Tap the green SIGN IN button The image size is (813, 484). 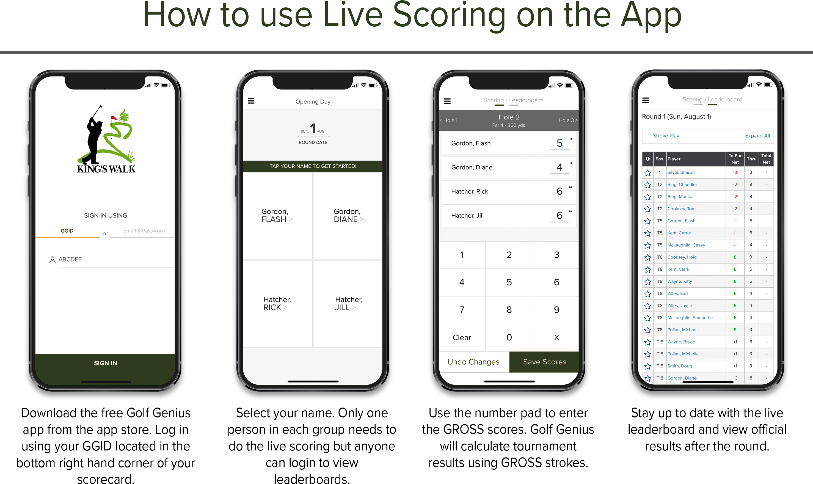point(105,363)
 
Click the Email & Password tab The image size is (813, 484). point(144,230)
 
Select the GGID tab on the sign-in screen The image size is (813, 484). point(67,230)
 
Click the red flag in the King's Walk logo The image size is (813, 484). point(114,118)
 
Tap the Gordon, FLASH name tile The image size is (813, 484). point(278,216)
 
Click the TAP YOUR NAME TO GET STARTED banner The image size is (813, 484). point(313,166)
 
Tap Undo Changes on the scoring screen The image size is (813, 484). point(473,362)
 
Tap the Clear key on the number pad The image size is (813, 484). point(462,337)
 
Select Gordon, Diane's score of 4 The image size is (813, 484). point(560,167)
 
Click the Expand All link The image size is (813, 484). point(757,136)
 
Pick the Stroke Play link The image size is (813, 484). point(666,136)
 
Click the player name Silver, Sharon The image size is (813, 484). point(681,172)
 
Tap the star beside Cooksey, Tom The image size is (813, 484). point(647,209)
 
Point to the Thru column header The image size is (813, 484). point(751,159)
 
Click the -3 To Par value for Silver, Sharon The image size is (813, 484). point(735,172)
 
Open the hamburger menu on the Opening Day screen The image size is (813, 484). point(251,101)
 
